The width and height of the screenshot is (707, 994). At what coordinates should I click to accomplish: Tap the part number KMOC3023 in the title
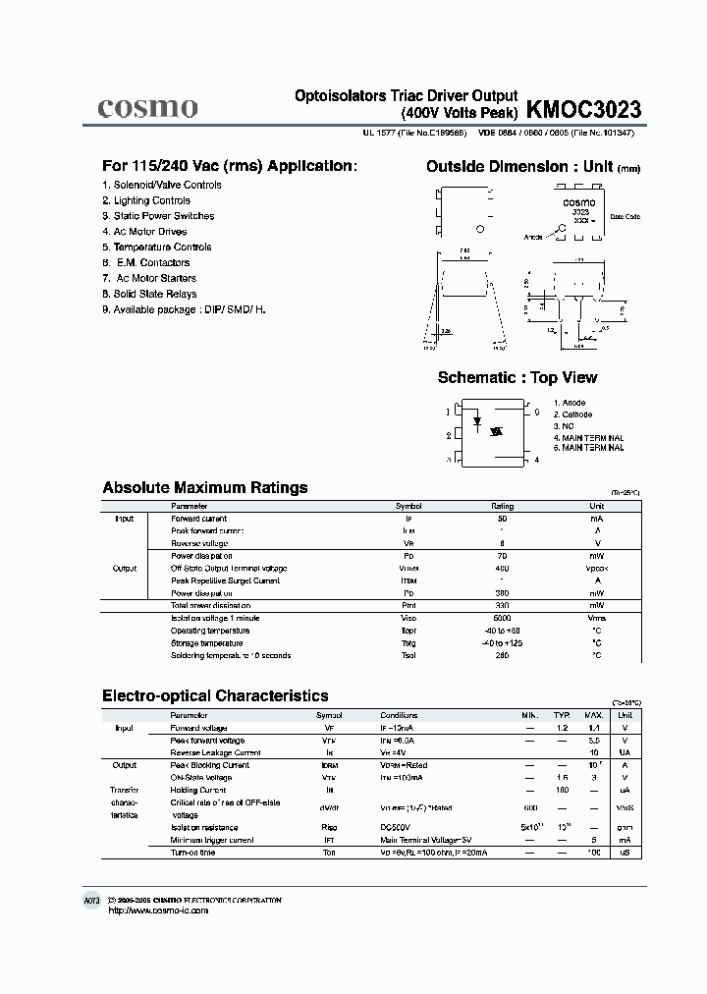pyautogui.click(x=584, y=107)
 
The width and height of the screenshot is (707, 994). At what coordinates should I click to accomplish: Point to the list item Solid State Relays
pyautogui.click(x=154, y=294)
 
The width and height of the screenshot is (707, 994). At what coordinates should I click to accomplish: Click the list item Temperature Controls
pyautogui.click(x=162, y=248)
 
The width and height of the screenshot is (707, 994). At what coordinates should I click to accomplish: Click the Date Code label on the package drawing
pyautogui.click(x=625, y=216)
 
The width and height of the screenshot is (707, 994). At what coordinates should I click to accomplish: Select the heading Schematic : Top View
pyautogui.click(x=517, y=377)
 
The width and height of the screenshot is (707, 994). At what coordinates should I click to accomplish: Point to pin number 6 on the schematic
pyautogui.click(x=536, y=413)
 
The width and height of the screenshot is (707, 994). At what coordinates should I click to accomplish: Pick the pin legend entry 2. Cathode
pyautogui.click(x=573, y=414)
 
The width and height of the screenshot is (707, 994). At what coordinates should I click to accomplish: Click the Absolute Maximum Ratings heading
pyautogui.click(x=205, y=487)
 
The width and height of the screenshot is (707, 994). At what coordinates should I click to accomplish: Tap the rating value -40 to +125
pyautogui.click(x=503, y=642)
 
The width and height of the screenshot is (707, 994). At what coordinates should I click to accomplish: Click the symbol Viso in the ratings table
pyautogui.click(x=408, y=618)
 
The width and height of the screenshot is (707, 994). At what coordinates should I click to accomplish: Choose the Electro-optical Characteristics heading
pyautogui.click(x=215, y=695)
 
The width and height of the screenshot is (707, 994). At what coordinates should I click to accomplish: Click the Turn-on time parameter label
pyautogui.click(x=192, y=853)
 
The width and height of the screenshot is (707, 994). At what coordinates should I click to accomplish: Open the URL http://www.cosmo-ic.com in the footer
pyautogui.click(x=157, y=911)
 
